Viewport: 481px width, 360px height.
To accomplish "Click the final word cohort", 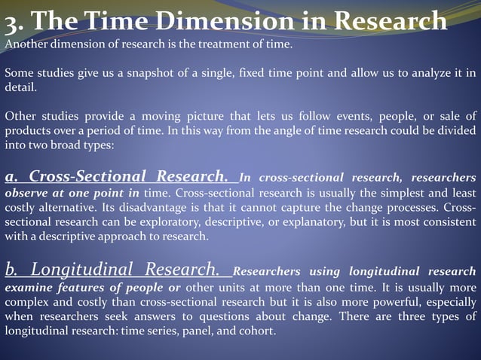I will pyautogui.click(x=259, y=331).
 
